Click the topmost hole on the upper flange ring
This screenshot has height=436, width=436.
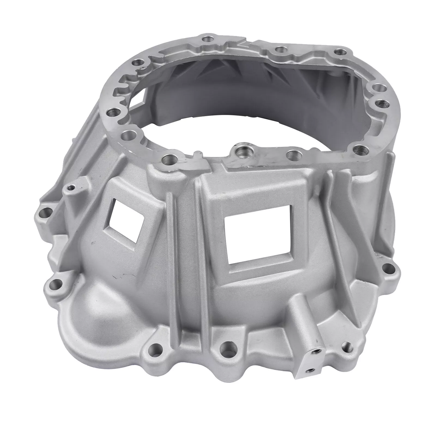tap(207, 39)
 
